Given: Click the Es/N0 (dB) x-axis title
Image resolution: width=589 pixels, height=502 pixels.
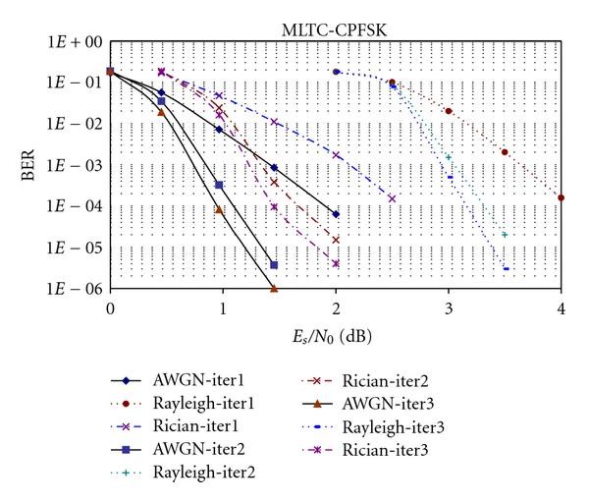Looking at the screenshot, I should (335, 335).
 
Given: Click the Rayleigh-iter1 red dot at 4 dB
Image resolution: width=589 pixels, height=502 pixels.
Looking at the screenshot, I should (561, 197).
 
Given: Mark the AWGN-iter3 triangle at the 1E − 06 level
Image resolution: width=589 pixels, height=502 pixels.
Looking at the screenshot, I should (274, 289).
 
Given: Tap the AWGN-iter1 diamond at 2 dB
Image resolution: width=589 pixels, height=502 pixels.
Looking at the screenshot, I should (336, 214).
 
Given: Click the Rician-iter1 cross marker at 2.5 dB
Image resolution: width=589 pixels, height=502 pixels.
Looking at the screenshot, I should (392, 198).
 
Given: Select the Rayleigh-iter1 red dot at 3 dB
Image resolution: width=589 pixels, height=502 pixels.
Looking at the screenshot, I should (449, 111).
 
